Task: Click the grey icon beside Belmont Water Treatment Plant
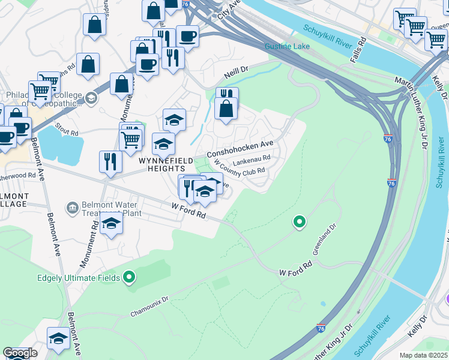tap(72, 208)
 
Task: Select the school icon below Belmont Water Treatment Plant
tap(112, 224)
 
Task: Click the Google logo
tap(20, 353)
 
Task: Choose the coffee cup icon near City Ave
tap(187, 35)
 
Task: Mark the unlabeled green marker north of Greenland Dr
tap(300, 223)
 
